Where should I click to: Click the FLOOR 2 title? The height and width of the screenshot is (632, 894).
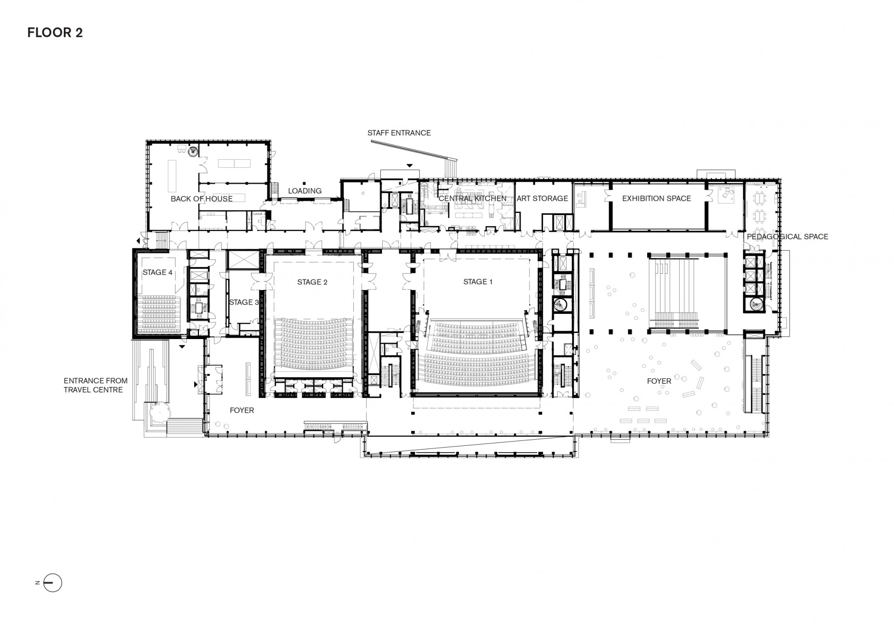point(55,33)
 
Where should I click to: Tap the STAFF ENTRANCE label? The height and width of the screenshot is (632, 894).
point(399,133)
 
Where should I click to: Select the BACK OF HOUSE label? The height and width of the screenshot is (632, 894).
point(202,199)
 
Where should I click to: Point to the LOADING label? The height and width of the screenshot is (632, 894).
point(305,191)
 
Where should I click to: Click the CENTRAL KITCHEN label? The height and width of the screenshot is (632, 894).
point(473,198)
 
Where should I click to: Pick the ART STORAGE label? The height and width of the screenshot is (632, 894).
point(542,198)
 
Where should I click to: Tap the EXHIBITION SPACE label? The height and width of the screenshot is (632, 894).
point(657,198)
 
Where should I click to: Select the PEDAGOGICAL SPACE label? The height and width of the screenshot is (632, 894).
point(787,237)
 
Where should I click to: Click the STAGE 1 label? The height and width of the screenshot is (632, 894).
point(478,282)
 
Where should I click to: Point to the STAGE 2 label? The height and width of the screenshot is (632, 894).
point(312,282)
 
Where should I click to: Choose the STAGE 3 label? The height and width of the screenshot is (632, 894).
point(244,302)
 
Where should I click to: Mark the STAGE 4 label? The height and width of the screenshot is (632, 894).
point(157,272)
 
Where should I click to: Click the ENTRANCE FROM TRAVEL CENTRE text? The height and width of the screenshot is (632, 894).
point(95,385)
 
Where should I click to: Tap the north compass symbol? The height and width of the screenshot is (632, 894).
point(52,583)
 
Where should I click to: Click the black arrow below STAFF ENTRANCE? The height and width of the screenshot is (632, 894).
point(410,165)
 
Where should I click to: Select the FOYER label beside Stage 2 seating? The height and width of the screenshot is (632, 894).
point(242,410)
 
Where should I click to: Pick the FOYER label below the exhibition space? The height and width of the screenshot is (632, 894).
point(659,381)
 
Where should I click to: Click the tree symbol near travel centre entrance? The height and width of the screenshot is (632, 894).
point(158,413)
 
